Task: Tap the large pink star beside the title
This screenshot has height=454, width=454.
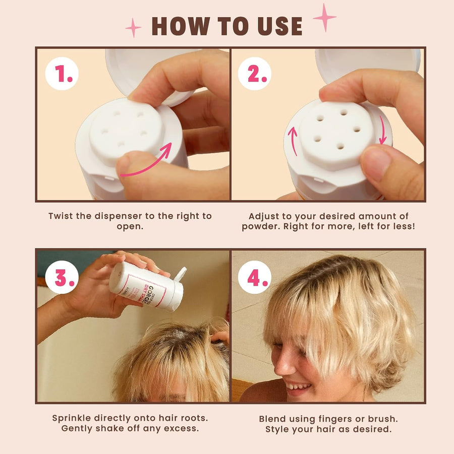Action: [324, 17]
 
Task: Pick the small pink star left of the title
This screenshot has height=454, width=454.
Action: [134, 27]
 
